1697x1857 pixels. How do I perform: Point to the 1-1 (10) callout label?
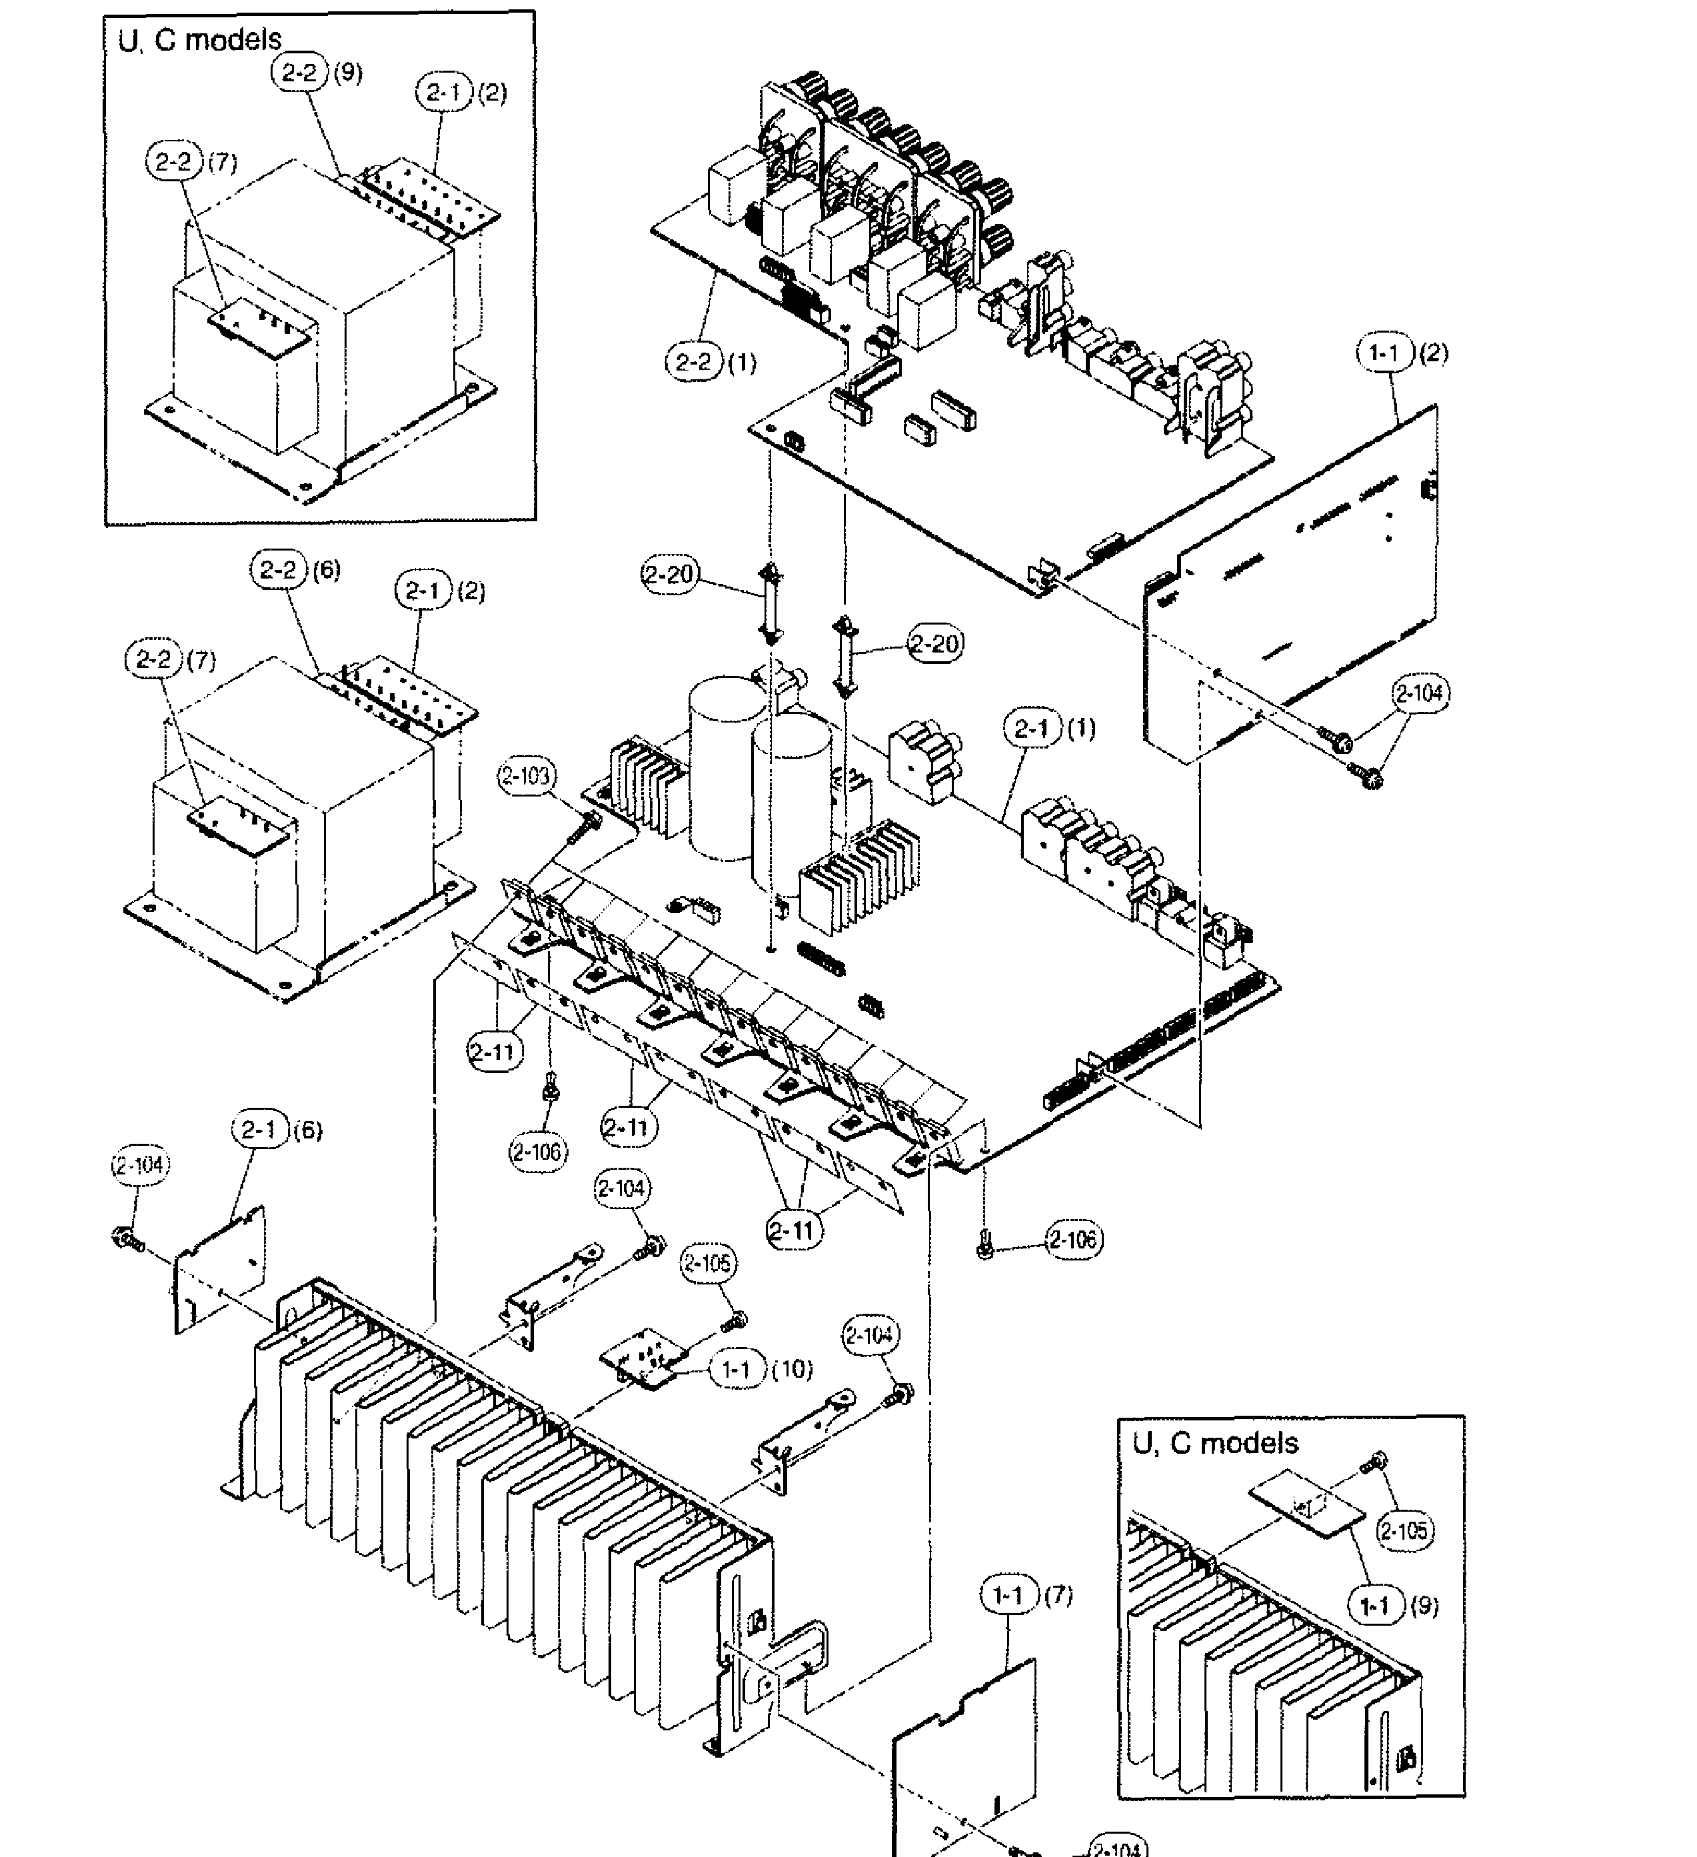(x=759, y=1370)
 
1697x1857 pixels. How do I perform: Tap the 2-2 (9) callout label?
(x=316, y=72)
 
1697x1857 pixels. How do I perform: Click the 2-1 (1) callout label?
(x=1051, y=729)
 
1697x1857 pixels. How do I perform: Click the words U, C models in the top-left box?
(x=200, y=39)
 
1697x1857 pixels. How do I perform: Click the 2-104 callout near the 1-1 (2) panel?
(x=1420, y=693)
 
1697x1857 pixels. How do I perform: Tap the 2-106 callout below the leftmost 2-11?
(x=538, y=1150)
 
